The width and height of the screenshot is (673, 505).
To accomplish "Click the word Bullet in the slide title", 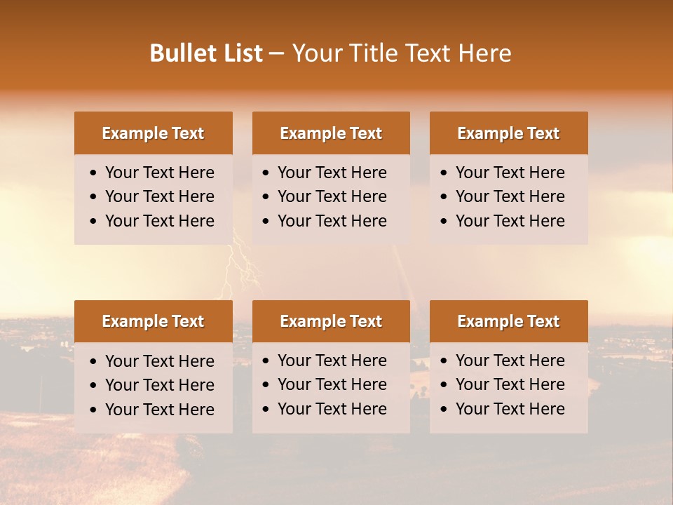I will coord(178,53).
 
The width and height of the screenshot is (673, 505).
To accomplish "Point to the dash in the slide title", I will coord(277,54).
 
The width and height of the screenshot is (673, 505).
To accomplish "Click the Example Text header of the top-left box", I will coord(153,133).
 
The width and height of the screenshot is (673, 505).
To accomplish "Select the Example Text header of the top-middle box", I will coord(331,133).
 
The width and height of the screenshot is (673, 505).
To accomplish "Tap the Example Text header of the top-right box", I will coord(508,133).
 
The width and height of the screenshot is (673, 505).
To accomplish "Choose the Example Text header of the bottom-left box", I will coord(153,321).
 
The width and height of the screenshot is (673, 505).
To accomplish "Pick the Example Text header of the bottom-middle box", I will coord(331,321).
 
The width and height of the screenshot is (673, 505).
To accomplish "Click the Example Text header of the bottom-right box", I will coord(508,321).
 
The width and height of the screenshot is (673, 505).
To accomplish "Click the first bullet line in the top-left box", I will coord(159,173).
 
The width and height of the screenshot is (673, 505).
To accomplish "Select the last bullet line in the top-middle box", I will coord(332,221).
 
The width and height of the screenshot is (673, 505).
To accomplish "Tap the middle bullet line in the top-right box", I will coord(510,196).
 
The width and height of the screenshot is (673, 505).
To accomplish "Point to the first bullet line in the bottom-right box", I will coord(510,361).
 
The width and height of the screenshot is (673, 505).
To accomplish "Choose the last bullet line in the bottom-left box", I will coord(159,410).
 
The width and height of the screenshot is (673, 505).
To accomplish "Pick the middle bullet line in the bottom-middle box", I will coord(332,384).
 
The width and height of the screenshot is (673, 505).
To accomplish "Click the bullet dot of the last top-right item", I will coord(444,222).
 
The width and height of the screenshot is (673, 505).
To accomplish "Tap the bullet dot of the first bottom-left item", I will coord(94,362).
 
